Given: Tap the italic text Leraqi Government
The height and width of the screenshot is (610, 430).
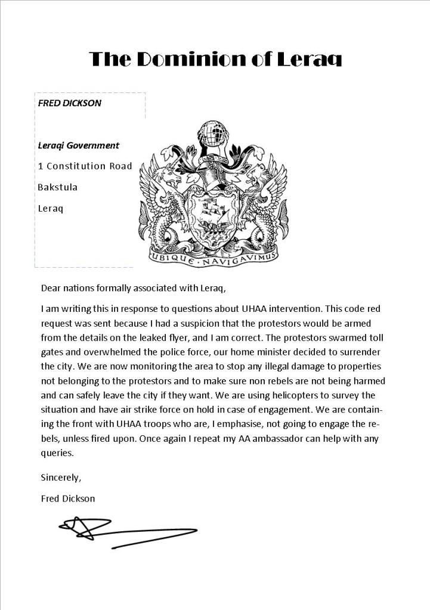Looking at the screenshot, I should (x=78, y=145).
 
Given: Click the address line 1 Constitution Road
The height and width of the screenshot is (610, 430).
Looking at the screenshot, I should (x=85, y=166).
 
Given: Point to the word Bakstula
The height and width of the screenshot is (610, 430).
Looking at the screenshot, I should (x=57, y=187).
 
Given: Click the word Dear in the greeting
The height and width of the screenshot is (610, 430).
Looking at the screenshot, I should (x=51, y=289).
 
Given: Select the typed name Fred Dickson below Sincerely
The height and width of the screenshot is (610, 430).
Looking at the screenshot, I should (x=67, y=498).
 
